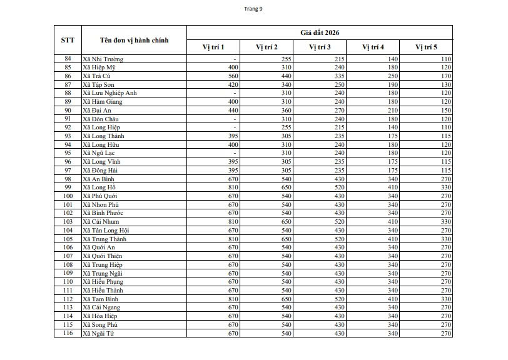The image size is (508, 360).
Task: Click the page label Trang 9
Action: [254, 9]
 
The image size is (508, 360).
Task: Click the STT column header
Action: [68, 40]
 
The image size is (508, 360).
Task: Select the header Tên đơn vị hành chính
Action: [134, 40]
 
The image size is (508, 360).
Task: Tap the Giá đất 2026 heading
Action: [319, 32]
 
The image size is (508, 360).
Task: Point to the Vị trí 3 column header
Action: [320, 47]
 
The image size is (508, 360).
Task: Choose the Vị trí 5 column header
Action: [426, 47]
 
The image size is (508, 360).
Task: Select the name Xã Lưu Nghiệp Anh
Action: [109, 93]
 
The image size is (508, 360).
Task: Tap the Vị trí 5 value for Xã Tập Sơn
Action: [445, 84]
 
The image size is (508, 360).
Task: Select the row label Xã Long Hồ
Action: [99, 187]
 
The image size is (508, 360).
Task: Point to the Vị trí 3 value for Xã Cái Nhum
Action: [339, 222]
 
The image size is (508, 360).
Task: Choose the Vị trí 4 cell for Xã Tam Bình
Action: [392, 299]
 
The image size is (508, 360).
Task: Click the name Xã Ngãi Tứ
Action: [98, 334]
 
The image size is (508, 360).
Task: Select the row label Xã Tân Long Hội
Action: [106, 231]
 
